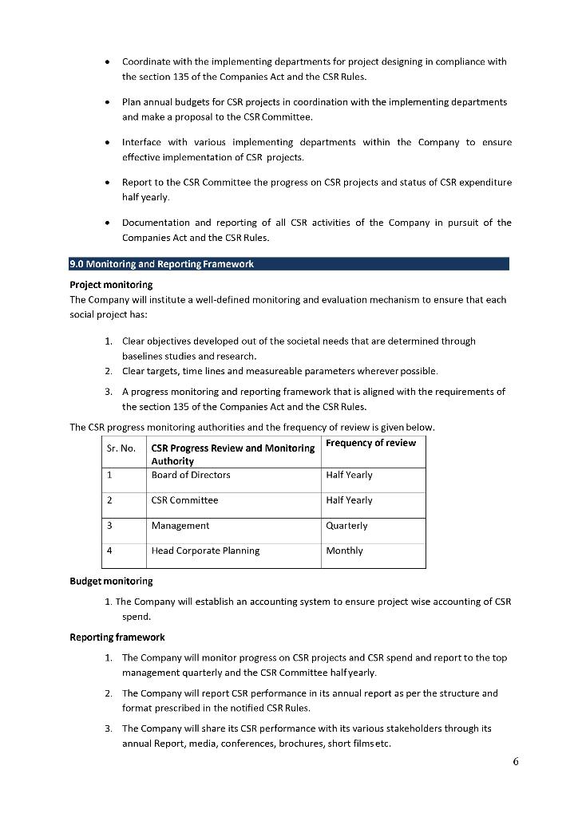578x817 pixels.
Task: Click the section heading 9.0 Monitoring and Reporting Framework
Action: click(162, 264)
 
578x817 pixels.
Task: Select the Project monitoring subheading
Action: click(111, 285)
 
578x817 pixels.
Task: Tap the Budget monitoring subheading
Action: click(111, 581)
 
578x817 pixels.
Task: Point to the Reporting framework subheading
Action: click(117, 637)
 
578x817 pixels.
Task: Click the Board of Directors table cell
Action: click(191, 475)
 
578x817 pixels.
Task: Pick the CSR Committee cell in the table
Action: click(184, 500)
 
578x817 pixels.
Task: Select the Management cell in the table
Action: click(180, 526)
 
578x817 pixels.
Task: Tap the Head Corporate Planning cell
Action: click(205, 551)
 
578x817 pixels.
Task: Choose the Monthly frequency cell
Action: click(344, 551)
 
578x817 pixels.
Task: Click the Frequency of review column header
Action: click(370, 443)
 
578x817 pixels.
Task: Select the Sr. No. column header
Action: click(121, 448)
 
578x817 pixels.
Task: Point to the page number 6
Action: click(516, 761)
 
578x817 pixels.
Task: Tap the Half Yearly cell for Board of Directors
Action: click(349, 475)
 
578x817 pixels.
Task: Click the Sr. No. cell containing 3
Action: click(109, 526)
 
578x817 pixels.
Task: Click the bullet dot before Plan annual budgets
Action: click(108, 102)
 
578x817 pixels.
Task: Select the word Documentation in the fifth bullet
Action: click(155, 223)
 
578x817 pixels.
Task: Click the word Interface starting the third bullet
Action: click(141, 142)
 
